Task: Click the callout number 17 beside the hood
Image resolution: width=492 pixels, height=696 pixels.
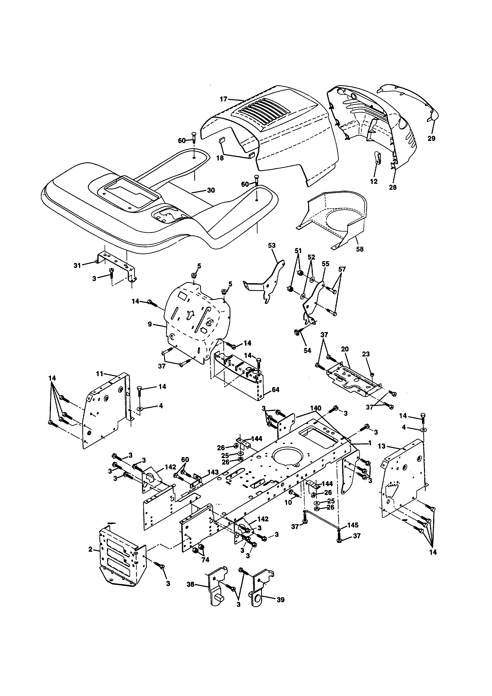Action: (223, 99)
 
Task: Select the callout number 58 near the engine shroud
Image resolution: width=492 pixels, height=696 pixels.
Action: (360, 249)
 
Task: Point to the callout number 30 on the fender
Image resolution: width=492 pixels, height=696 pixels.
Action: (211, 190)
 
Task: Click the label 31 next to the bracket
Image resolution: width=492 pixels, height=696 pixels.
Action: (77, 265)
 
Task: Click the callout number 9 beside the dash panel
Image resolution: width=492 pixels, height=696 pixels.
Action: (150, 324)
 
